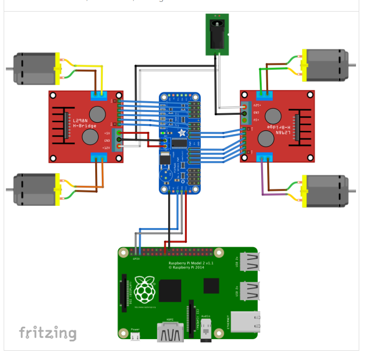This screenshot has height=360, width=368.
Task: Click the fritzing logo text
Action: (x=48, y=333)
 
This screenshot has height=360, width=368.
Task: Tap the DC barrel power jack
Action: (x=217, y=34)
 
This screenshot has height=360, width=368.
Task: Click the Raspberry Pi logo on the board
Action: (x=145, y=289)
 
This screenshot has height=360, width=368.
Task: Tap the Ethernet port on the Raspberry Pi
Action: (x=245, y=322)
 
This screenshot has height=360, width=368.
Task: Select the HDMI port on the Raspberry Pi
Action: (x=171, y=333)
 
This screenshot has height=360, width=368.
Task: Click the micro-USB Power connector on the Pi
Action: (x=135, y=336)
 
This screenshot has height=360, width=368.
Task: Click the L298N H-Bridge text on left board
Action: (x=84, y=123)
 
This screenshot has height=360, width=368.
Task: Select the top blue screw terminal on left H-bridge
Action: (x=98, y=95)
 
